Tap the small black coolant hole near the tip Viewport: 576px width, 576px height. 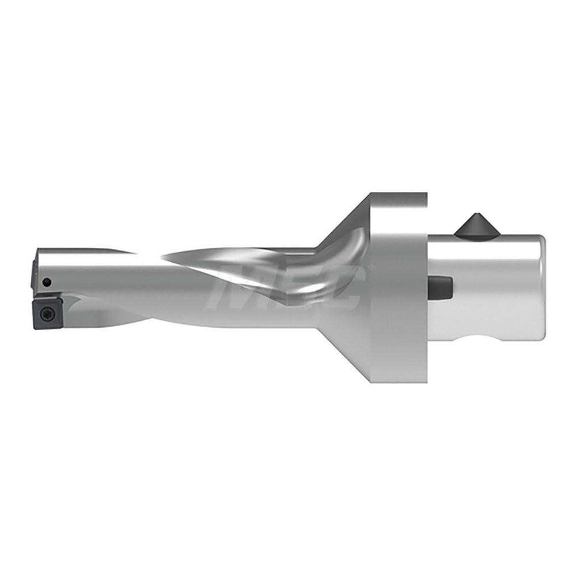click(x=48, y=282)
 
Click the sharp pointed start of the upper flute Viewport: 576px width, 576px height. click(x=164, y=256)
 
